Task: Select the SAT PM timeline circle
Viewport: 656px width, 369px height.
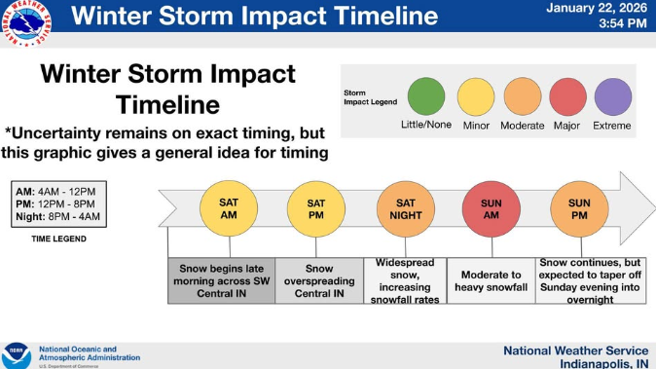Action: (x=316, y=207)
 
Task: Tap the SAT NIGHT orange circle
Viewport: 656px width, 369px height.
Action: (x=404, y=207)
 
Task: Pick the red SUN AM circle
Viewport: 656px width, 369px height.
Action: (x=492, y=207)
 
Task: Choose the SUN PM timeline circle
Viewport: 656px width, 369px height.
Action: (x=578, y=207)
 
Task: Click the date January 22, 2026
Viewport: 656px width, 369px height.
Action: (x=596, y=9)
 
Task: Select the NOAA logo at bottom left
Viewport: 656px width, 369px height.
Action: (x=17, y=353)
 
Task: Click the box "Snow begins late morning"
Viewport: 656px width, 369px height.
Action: (x=221, y=280)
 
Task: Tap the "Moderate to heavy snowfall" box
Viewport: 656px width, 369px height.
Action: (x=491, y=280)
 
